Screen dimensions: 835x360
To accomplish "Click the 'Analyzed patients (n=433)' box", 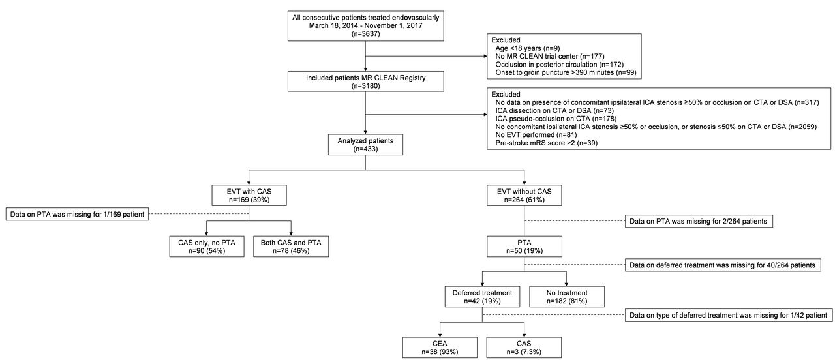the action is [x=365, y=145].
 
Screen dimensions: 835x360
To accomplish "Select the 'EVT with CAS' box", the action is [x=249, y=195].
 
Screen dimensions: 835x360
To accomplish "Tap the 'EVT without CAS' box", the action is [x=524, y=195].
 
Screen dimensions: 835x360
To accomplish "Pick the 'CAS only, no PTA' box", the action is [x=207, y=247].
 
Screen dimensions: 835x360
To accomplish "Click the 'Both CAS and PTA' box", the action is [x=291, y=247].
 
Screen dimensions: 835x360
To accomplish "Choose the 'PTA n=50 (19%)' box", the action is [x=524, y=247].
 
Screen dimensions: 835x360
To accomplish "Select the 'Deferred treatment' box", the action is [x=482, y=297].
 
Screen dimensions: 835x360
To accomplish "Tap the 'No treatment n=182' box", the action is [x=567, y=297].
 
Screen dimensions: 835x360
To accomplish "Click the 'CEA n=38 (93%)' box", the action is [x=440, y=348].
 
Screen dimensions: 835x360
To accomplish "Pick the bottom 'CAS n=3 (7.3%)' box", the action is [x=524, y=348].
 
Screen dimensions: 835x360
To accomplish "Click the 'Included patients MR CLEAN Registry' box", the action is [x=366, y=82].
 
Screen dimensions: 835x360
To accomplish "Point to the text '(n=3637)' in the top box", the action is [x=366, y=34].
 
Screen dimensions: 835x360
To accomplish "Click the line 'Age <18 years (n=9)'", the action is [x=528, y=48].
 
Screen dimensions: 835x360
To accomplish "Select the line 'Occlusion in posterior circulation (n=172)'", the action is [x=560, y=65].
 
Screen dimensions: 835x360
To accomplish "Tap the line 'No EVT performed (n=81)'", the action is [x=536, y=134].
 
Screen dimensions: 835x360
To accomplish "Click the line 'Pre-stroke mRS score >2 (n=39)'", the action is [x=547, y=143].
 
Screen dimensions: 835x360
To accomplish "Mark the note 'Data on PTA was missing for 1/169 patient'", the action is [x=77, y=215].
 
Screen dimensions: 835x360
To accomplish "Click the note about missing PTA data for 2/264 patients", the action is [x=699, y=221].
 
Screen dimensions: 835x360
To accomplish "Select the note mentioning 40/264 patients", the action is [x=723, y=265].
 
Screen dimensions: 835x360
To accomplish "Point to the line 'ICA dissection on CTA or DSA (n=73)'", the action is [x=554, y=110].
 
